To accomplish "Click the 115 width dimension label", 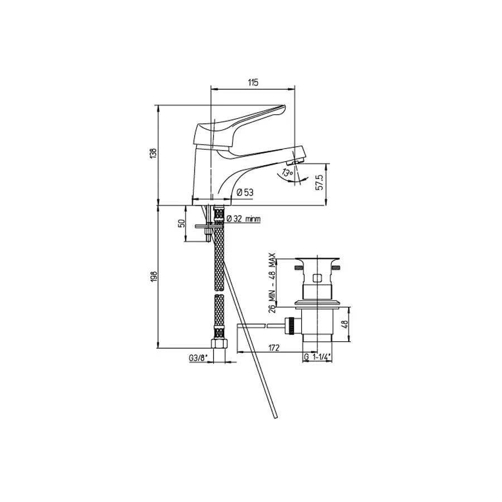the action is click(x=253, y=83).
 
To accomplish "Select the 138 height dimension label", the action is click(x=153, y=153).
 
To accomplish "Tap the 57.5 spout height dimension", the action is click(x=320, y=182).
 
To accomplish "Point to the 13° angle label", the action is click(x=287, y=173).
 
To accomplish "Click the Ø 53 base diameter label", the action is click(x=245, y=192).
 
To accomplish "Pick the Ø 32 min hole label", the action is click(x=244, y=219).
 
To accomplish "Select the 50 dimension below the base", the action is click(x=181, y=223).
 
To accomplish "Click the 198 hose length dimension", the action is click(x=153, y=277).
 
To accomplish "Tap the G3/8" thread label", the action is click(x=199, y=358).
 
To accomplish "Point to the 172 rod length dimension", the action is click(x=274, y=347).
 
